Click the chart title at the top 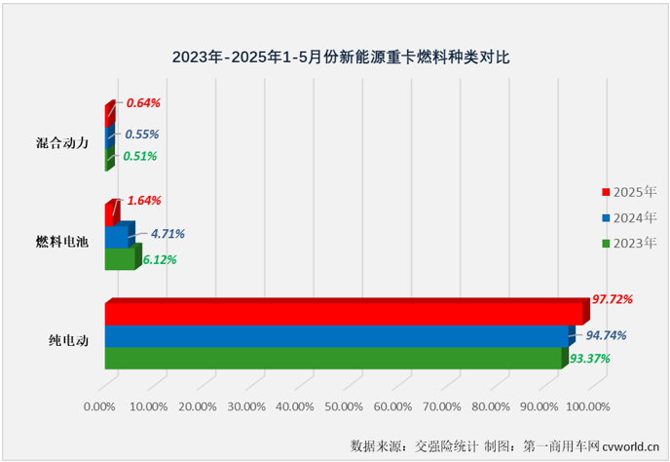click(x=334, y=58)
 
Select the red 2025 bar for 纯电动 click(x=343, y=313)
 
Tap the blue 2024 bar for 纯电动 click(x=336, y=336)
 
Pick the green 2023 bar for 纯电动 click(x=332, y=359)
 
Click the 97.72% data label click(x=613, y=299)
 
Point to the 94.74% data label click(x=606, y=335)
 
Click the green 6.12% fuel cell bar click(x=119, y=258)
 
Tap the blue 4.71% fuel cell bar click(x=116, y=236)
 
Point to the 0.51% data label click(x=138, y=156)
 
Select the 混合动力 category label click(x=62, y=142)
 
